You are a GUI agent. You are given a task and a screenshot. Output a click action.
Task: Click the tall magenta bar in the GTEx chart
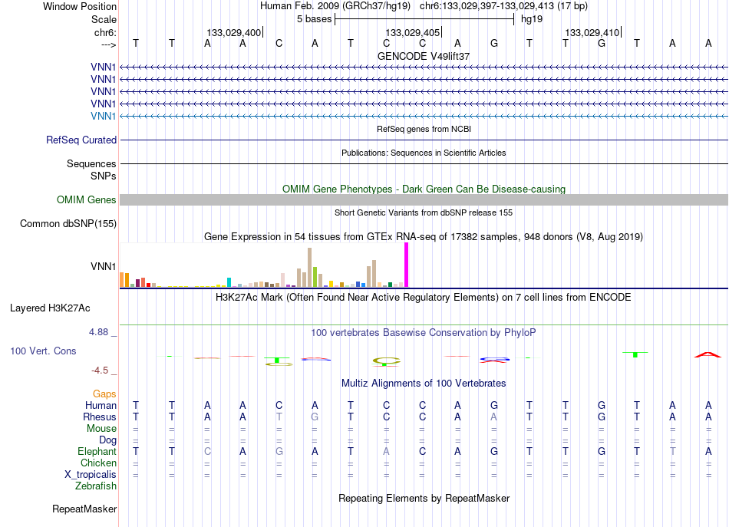pyautogui.click(x=407, y=265)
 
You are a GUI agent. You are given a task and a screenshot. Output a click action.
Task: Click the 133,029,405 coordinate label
pyautogui.click(x=412, y=32)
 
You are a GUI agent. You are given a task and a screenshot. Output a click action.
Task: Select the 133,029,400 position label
pyautogui.click(x=234, y=32)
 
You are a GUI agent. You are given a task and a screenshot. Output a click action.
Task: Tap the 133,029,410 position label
pyautogui.click(x=592, y=32)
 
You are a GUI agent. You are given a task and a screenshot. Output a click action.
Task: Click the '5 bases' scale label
pyautogui.click(x=315, y=19)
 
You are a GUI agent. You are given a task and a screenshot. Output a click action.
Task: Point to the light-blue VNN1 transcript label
pyautogui.click(x=104, y=116)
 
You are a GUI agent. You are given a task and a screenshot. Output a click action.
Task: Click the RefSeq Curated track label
pyautogui.click(x=81, y=140)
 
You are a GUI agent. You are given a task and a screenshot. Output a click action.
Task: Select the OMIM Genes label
pyautogui.click(x=87, y=200)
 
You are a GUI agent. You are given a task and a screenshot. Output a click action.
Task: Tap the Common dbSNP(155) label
pyautogui.click(x=68, y=223)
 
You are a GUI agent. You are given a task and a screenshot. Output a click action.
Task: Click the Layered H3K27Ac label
pyautogui.click(x=50, y=308)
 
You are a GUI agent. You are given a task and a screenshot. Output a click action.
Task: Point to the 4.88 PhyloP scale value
pyautogui.click(x=98, y=332)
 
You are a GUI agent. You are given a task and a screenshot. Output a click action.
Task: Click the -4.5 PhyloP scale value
pyautogui.click(x=100, y=371)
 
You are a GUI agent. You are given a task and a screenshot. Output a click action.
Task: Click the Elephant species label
pyautogui.click(x=97, y=451)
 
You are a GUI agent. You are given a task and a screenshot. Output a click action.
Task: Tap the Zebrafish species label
pyautogui.click(x=96, y=486)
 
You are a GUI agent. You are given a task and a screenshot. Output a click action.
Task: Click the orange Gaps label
pyautogui.click(x=104, y=394)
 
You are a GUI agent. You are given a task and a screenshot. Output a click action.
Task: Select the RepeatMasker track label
pyautogui.click(x=84, y=509)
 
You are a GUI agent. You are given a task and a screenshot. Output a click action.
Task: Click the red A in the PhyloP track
pyautogui.click(x=708, y=355)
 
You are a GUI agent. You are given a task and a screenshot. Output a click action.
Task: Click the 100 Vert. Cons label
pyautogui.click(x=43, y=351)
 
